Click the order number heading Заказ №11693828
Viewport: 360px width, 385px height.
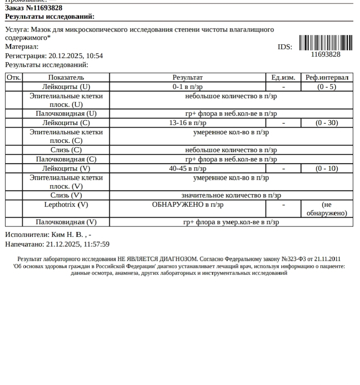coord(34,8)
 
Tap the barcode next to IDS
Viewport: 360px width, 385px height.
coord(325,43)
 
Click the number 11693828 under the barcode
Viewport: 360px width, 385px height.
coord(325,55)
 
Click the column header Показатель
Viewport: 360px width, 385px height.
coord(66,77)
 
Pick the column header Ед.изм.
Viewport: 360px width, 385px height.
coord(283,77)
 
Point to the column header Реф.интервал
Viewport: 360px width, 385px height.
coord(327,77)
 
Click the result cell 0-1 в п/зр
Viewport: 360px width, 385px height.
coord(188,87)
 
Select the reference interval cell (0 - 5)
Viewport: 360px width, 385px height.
coord(327,87)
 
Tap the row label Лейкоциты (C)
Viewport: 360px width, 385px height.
coord(66,123)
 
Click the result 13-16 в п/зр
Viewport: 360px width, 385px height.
coord(188,123)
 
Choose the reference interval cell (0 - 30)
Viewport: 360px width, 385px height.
coord(327,123)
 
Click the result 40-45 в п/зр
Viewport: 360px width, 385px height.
coord(188,169)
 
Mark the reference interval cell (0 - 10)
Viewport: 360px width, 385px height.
coord(327,169)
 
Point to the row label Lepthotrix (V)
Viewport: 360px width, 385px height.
coord(66,205)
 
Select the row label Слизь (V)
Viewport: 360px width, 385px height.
coord(66,195)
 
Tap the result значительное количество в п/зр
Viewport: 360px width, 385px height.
coord(231,195)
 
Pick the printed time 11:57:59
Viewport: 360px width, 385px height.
coord(97,244)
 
